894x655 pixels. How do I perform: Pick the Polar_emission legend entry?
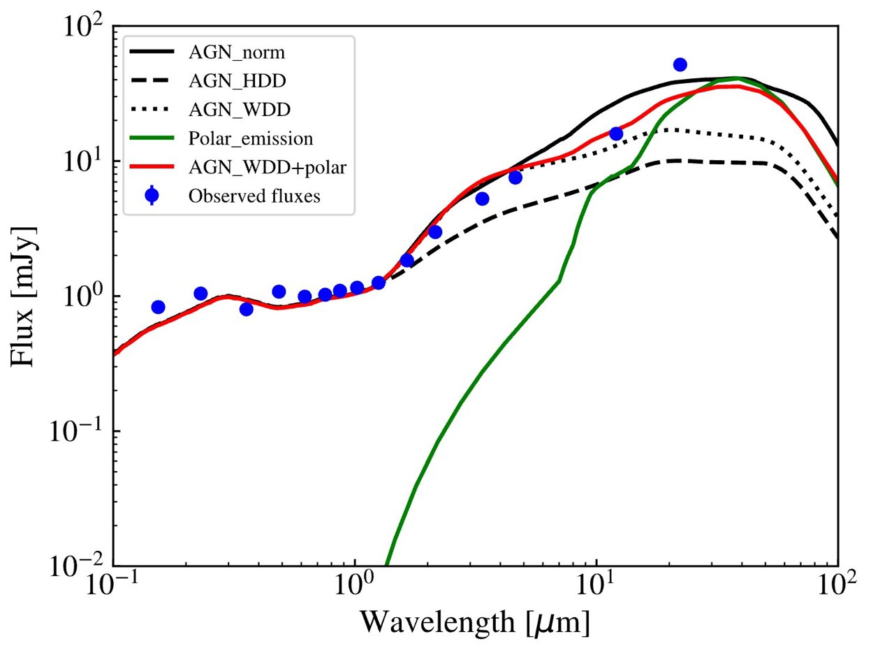[250, 138]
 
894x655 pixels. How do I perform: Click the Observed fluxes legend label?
[254, 196]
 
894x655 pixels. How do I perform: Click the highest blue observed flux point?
[680, 64]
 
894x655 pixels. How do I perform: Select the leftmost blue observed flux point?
[158, 307]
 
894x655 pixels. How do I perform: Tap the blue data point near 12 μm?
[616, 134]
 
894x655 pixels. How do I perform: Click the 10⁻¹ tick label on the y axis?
[78, 431]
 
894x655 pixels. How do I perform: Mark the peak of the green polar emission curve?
[735, 78]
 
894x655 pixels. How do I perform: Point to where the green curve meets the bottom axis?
[386, 565]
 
